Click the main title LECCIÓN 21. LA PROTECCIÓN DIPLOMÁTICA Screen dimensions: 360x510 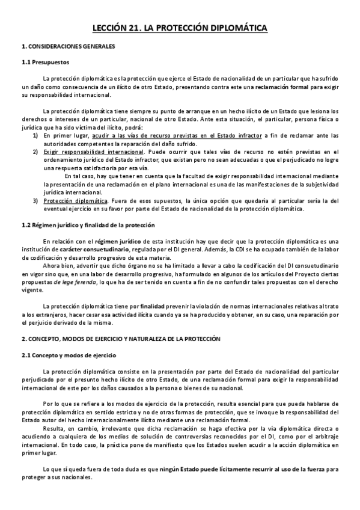tap(180, 28)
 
